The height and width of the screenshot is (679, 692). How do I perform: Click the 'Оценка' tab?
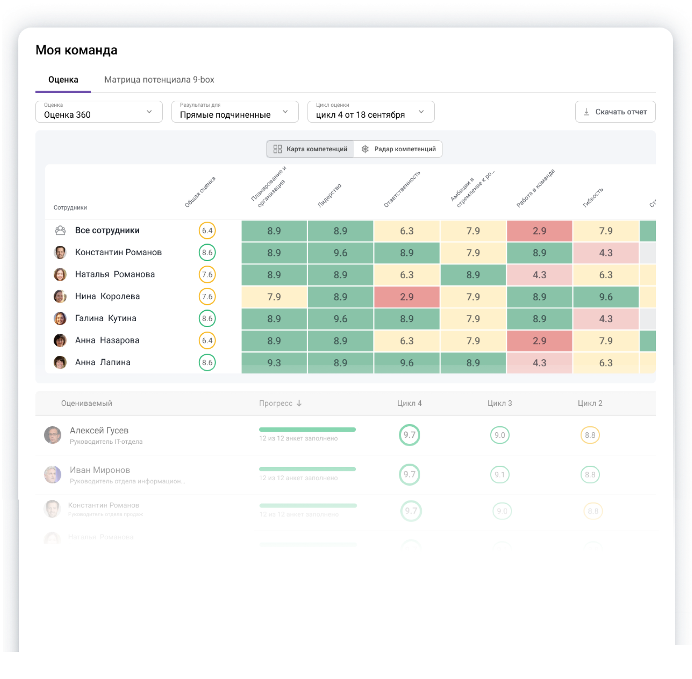pyautogui.click(x=63, y=80)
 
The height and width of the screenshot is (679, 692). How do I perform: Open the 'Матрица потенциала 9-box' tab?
pyautogui.click(x=159, y=80)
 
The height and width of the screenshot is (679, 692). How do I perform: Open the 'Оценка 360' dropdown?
pyautogui.click(x=99, y=112)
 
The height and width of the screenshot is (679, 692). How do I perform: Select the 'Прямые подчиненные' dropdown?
pyautogui.click(x=235, y=112)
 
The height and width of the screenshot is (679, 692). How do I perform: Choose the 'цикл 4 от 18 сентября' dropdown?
pyautogui.click(x=371, y=112)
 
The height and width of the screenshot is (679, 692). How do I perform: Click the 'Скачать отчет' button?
pyautogui.click(x=615, y=112)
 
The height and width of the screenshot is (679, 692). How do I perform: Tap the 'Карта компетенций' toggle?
pyautogui.click(x=310, y=149)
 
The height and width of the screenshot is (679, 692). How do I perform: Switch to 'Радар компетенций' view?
pyautogui.click(x=398, y=149)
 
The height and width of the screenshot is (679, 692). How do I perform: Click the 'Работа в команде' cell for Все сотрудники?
pyautogui.click(x=539, y=231)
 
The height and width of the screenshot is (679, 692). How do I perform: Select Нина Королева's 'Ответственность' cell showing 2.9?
pyautogui.click(x=407, y=297)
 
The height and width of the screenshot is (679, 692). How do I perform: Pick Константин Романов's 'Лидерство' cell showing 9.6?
pyautogui.click(x=340, y=253)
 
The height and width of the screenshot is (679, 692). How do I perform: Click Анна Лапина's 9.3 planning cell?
pyautogui.click(x=274, y=363)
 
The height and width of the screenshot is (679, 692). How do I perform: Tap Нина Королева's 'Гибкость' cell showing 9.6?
pyautogui.click(x=606, y=297)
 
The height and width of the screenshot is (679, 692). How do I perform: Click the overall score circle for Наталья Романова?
pyautogui.click(x=207, y=274)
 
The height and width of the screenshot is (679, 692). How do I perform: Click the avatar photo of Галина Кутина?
pyautogui.click(x=60, y=319)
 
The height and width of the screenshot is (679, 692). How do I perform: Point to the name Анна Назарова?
pyautogui.click(x=107, y=340)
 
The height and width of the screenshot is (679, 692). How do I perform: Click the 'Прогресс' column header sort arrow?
pyautogui.click(x=299, y=403)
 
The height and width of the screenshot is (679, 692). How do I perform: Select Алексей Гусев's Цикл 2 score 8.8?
pyautogui.click(x=590, y=435)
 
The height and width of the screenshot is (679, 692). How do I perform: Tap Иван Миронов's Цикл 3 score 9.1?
pyautogui.click(x=500, y=475)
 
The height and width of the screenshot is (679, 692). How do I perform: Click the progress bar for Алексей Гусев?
pyautogui.click(x=307, y=429)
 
